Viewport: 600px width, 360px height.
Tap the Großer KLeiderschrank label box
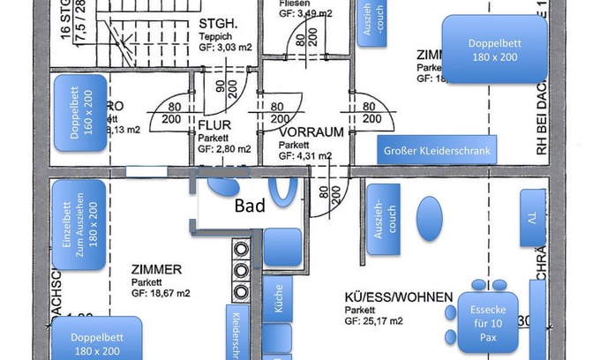[x=437, y=151]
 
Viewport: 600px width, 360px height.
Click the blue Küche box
[x=278, y=304]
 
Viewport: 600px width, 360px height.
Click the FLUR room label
[x=214, y=125]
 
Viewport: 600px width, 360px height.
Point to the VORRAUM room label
[x=311, y=131]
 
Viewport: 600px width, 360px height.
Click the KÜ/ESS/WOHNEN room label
[x=398, y=297]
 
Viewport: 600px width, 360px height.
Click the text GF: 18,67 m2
[x=161, y=293]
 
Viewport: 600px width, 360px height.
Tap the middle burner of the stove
[x=241, y=270]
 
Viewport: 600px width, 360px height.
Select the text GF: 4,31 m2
[x=306, y=155]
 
